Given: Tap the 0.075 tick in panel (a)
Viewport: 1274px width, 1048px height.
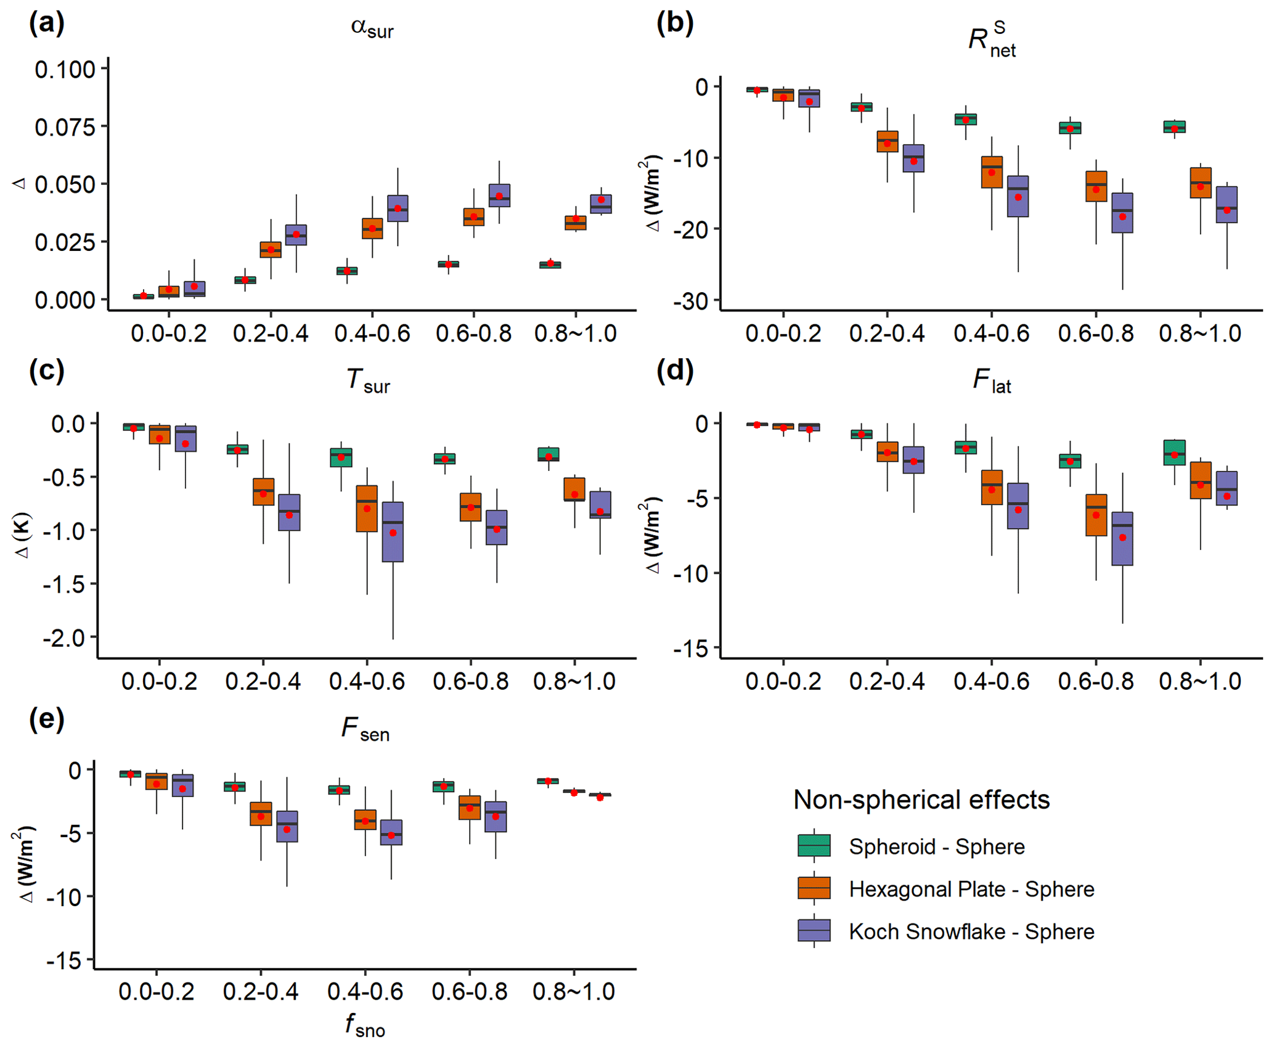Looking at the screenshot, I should coord(64,128).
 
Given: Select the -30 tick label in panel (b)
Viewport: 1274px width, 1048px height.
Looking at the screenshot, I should coord(694,301).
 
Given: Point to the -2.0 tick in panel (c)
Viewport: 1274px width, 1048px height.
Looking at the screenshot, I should coord(64,637).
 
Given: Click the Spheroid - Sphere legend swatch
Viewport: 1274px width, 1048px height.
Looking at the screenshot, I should coord(814,846).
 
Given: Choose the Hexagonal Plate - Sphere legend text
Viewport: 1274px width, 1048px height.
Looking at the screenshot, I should coord(971,889).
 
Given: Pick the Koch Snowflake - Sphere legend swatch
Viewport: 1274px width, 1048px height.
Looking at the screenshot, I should coord(814,931).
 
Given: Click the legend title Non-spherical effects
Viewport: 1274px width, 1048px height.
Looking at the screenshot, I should coord(921,800).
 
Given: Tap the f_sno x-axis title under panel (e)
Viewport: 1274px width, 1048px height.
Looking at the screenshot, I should coord(365,1025).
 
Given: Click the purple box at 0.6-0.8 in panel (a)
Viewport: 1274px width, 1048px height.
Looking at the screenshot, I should coord(499,195).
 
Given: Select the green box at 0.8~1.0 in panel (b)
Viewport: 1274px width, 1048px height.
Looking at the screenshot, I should coord(1174,127).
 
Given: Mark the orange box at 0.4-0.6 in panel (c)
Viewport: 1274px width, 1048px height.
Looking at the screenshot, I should coord(367,509).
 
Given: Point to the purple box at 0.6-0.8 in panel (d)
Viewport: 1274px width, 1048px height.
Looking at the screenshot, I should coord(1122,539).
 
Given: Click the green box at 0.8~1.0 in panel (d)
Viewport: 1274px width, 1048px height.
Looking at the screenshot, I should coord(1174,452).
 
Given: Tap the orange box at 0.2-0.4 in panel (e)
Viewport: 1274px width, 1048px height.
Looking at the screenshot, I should coord(261,814).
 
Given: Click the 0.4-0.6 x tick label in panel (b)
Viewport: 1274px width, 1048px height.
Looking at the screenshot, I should coord(991,334).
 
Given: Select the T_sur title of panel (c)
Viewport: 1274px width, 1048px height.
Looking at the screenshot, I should coord(368,380).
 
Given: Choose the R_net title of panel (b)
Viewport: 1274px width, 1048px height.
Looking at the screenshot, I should coord(992,40).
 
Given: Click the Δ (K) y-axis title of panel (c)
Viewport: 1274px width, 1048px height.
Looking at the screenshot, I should coord(23,534).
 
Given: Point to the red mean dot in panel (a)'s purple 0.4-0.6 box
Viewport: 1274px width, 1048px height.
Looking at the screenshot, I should coord(398,208).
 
